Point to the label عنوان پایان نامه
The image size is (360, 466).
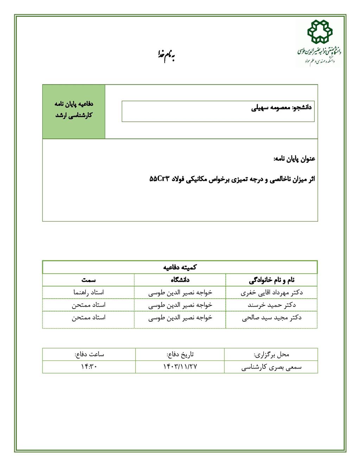click(x=294, y=159)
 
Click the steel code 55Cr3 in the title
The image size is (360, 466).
click(x=160, y=179)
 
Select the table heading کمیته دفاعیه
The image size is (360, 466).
click(x=180, y=267)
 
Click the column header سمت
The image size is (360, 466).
click(x=88, y=280)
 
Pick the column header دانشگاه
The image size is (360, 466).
click(x=180, y=280)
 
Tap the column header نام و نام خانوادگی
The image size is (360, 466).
click(x=271, y=280)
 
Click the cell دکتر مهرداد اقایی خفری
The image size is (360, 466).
click(x=271, y=293)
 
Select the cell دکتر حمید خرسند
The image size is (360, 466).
click(x=271, y=305)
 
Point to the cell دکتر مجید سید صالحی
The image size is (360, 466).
click(x=271, y=318)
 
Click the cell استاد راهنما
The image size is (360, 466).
click(x=88, y=293)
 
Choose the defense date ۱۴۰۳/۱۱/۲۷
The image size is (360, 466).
click(x=180, y=367)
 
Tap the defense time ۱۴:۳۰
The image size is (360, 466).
click(x=89, y=367)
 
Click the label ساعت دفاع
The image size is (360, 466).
click(x=89, y=355)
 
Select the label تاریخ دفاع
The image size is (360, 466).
click(x=180, y=355)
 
